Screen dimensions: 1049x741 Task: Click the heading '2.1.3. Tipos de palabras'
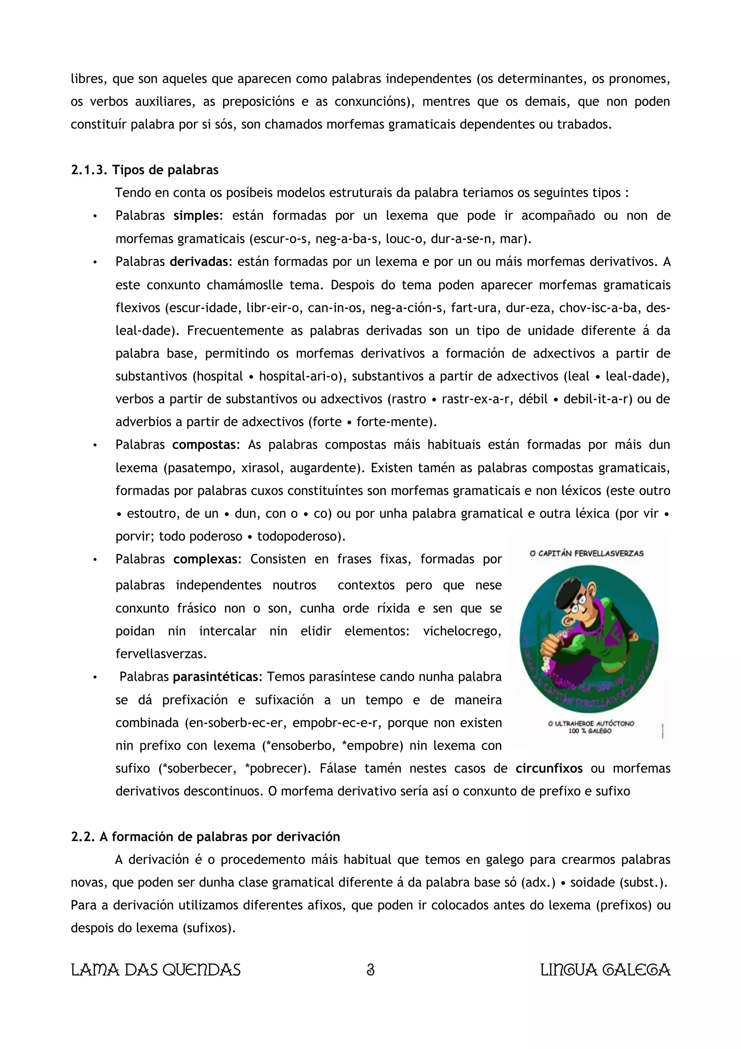(x=145, y=170)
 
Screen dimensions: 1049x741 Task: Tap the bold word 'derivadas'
(x=199, y=262)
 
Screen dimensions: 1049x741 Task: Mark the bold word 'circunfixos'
(x=549, y=768)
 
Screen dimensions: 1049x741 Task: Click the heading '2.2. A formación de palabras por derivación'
(x=206, y=837)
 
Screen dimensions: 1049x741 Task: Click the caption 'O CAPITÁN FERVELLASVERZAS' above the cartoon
(x=586, y=553)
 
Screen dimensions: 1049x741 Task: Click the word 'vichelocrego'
(x=462, y=631)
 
